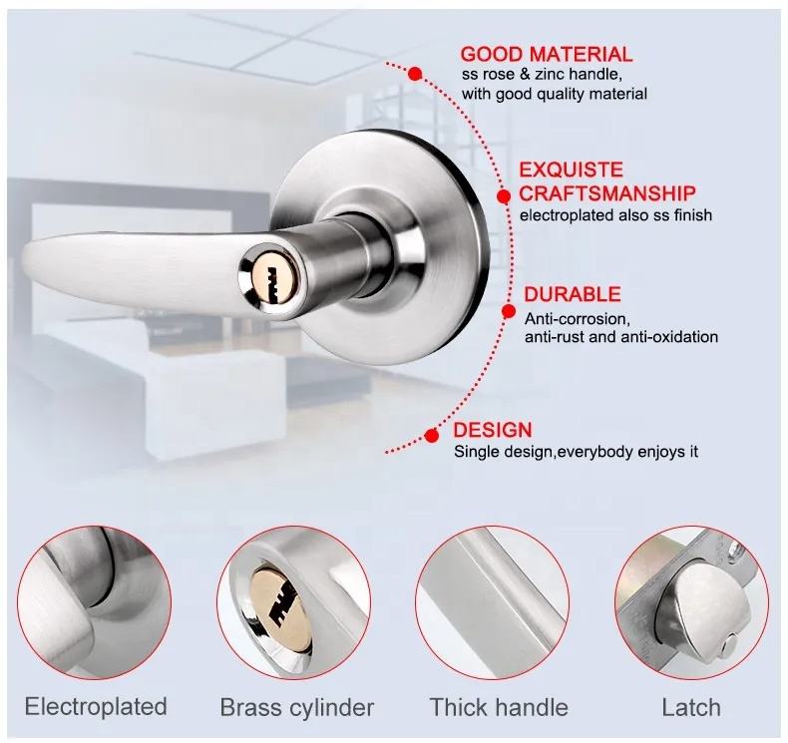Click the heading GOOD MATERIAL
click(x=547, y=54)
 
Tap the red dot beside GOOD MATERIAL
click(x=415, y=74)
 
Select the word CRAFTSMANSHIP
click(x=607, y=192)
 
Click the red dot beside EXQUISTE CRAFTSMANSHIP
click(x=504, y=196)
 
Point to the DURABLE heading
click(x=573, y=294)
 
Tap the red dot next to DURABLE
click(x=509, y=311)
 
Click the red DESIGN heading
click(x=485, y=430)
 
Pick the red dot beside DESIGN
click(x=431, y=435)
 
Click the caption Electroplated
click(x=96, y=706)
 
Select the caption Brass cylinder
click(x=297, y=707)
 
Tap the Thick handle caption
click(x=499, y=707)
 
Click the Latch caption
click(x=691, y=707)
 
